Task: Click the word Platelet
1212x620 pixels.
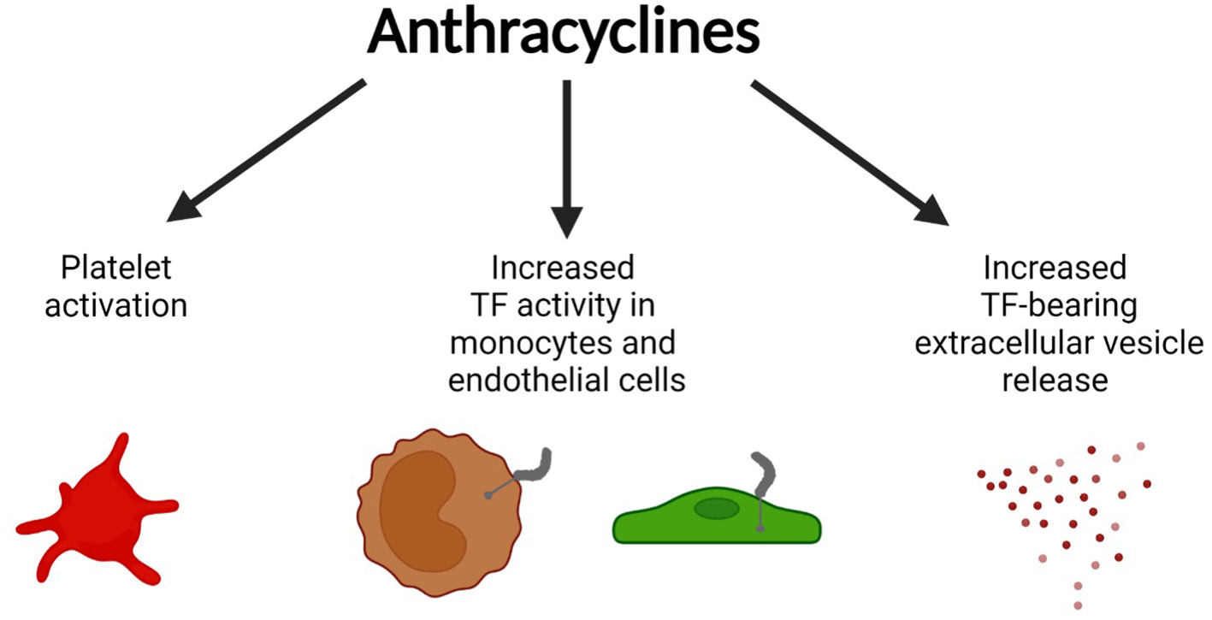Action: tap(115, 269)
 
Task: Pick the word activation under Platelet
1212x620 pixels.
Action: tap(115, 305)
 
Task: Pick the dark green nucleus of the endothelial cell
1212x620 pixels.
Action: tap(716, 509)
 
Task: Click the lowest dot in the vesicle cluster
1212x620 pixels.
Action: tap(1078, 605)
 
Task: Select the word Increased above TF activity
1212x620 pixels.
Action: tap(562, 269)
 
